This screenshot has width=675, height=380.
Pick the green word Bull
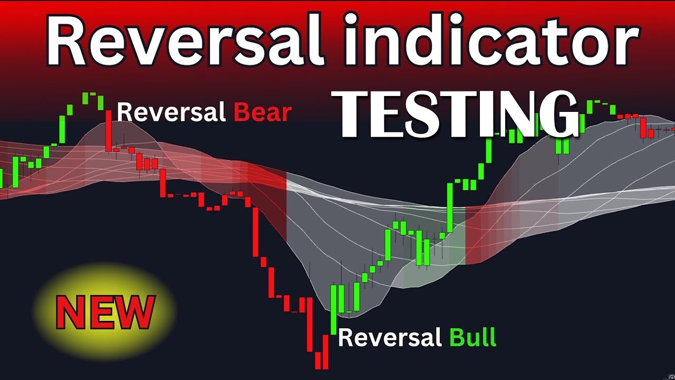point(472,337)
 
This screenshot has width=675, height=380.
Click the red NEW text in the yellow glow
point(105,312)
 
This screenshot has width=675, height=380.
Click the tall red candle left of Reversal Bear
point(108,131)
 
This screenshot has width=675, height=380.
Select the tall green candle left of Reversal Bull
point(333,309)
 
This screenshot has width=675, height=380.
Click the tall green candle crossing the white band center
point(450,207)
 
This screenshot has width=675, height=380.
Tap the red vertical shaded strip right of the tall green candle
point(472,235)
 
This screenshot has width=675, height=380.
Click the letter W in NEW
point(134,312)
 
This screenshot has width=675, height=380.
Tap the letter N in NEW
point(71,312)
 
